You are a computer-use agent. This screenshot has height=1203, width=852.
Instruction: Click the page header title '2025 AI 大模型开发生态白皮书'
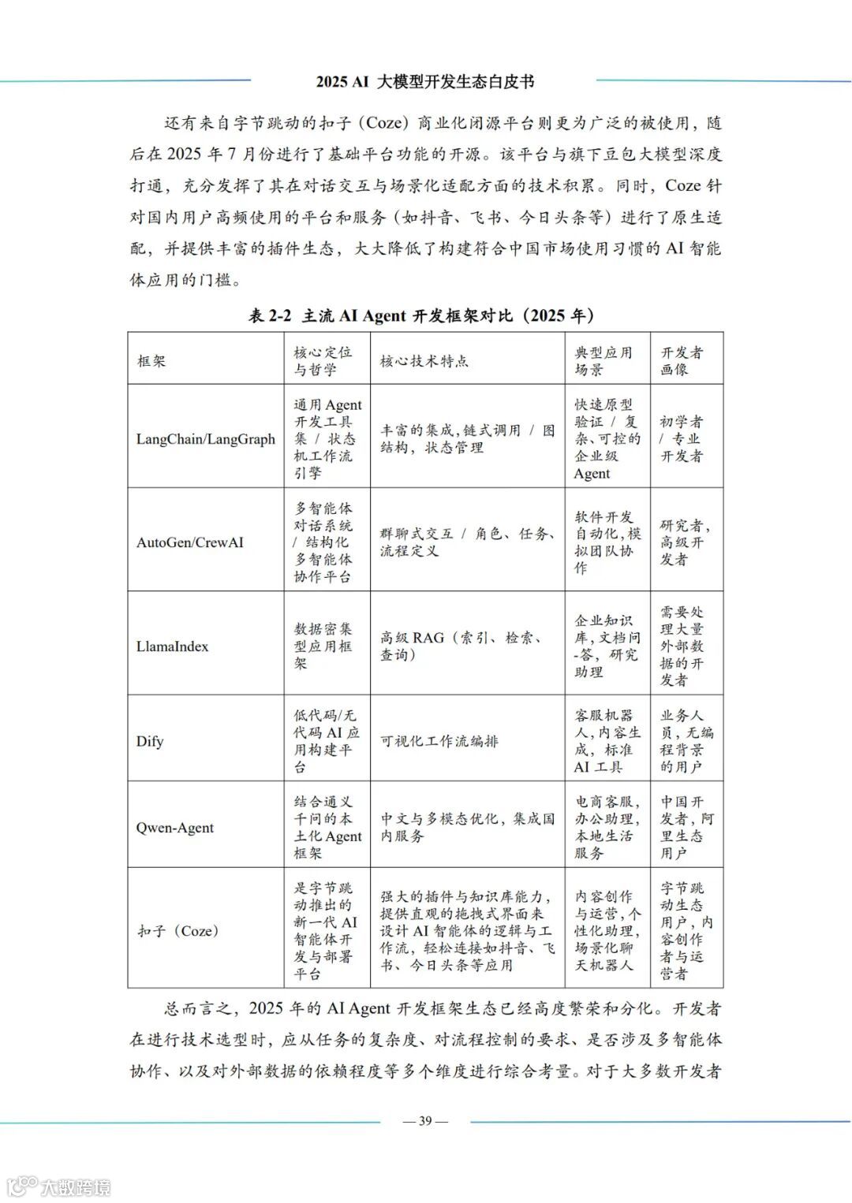tap(425, 81)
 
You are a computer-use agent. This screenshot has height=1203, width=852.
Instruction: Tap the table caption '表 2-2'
tap(270, 316)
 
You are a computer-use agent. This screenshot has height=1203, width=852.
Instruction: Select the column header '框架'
tap(151, 361)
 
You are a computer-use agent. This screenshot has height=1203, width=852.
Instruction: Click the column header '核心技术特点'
tap(424, 361)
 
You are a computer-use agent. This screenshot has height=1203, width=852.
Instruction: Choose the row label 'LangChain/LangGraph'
tap(205, 439)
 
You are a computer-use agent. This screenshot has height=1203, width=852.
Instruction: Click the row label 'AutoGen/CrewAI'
tap(189, 542)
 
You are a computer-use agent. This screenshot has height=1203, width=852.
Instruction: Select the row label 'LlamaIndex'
tap(172, 646)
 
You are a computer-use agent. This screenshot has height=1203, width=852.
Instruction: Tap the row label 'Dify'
tap(150, 741)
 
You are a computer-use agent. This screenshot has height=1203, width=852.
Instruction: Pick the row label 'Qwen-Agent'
tap(174, 828)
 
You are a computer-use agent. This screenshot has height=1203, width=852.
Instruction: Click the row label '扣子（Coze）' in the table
tap(178, 931)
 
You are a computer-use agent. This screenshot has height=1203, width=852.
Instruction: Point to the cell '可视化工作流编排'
tap(439, 741)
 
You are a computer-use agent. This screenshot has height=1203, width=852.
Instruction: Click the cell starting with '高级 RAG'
tap(461, 646)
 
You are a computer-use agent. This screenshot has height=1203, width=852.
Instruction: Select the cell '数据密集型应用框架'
tap(323, 646)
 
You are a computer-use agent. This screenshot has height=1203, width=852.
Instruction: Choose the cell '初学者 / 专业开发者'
tap(682, 439)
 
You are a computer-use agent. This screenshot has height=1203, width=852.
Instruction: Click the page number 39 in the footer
tap(425, 1121)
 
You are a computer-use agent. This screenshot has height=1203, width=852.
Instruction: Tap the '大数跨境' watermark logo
tap(59, 1186)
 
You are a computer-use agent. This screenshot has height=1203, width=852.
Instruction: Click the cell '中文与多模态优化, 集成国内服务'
tap(467, 828)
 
